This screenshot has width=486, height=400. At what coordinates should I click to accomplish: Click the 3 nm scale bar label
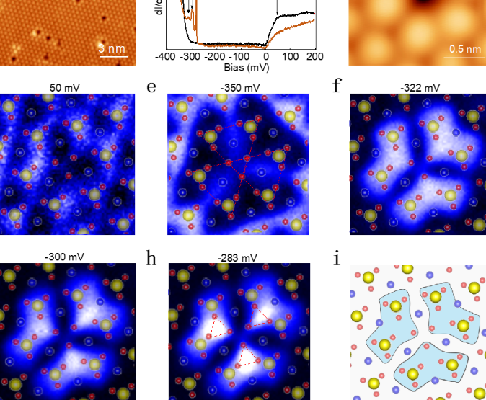112,48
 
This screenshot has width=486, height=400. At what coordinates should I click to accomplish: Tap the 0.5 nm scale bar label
462,49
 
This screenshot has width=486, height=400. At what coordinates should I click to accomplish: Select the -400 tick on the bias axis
166,56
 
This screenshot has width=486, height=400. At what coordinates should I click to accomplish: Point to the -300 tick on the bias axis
191,56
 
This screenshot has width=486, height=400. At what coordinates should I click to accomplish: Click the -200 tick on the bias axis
216,56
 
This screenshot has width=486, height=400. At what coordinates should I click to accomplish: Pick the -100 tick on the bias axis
241,56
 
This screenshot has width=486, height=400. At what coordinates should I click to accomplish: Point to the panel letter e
151,87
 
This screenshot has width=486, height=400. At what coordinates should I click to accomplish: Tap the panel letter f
337,86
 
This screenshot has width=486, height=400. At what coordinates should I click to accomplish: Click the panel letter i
337,257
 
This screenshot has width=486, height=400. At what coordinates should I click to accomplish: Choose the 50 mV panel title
64,88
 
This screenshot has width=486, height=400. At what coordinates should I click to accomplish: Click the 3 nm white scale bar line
112,56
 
